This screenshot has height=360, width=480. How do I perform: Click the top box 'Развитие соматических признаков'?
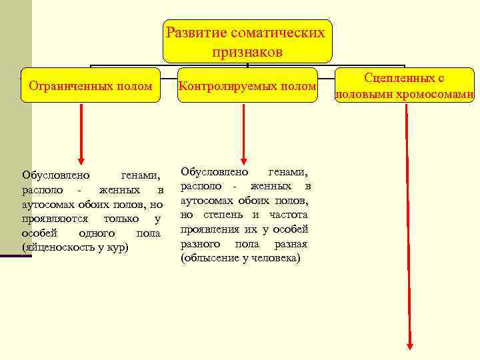247,41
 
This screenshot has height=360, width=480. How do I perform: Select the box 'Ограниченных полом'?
91,85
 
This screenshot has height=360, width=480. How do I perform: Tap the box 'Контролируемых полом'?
247,85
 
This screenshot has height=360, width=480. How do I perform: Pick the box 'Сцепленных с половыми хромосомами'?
405,86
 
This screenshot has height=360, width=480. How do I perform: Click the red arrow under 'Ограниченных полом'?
81,133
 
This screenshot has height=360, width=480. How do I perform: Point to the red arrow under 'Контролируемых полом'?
244,133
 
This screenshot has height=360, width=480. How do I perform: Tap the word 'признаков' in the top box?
247,51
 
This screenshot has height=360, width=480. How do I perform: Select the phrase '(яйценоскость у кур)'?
75,247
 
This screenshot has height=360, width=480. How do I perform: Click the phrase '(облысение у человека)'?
241,257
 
